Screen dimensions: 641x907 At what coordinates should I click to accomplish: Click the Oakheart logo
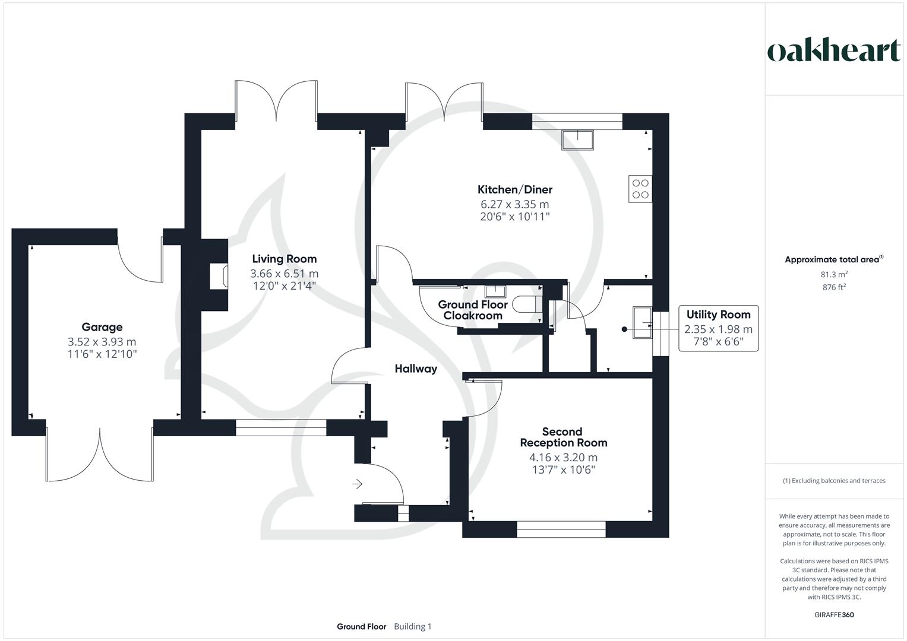834,51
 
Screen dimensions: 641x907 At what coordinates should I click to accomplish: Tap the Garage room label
102,327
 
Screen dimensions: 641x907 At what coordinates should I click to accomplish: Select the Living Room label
284,259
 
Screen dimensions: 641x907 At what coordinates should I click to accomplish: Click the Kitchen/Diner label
515,190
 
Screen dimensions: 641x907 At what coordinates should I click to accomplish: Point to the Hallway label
416,369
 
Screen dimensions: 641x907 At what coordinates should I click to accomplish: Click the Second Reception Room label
563,437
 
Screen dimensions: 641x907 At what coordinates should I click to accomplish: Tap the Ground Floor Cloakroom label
473,310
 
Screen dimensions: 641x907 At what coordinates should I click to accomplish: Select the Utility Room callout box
718,329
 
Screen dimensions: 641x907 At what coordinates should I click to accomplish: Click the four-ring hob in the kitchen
640,189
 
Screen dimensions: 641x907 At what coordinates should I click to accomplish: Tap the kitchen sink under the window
577,140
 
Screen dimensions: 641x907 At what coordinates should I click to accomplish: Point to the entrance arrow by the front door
357,484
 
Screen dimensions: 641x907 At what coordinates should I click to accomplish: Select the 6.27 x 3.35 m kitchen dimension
515,205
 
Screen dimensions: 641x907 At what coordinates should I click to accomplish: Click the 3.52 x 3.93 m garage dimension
102,342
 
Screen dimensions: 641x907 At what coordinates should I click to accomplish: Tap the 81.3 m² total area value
834,274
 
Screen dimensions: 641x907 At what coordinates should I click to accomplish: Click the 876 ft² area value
834,287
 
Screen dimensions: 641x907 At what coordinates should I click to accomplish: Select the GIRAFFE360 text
834,615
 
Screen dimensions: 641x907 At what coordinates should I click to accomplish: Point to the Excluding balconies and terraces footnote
834,481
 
